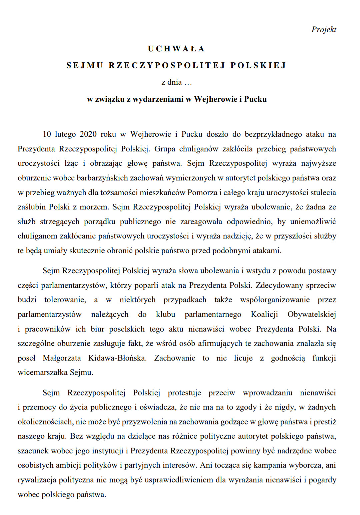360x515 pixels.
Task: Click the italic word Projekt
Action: (324, 30)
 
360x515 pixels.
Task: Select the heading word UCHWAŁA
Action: (176, 49)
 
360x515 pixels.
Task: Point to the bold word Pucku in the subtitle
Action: (255, 99)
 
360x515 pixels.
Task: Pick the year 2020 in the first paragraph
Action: (88, 134)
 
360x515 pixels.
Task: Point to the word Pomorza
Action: (202, 192)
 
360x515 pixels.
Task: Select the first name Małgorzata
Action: (62, 358)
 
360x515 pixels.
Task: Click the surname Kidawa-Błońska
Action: (117, 358)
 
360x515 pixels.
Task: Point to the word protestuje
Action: (184, 393)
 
